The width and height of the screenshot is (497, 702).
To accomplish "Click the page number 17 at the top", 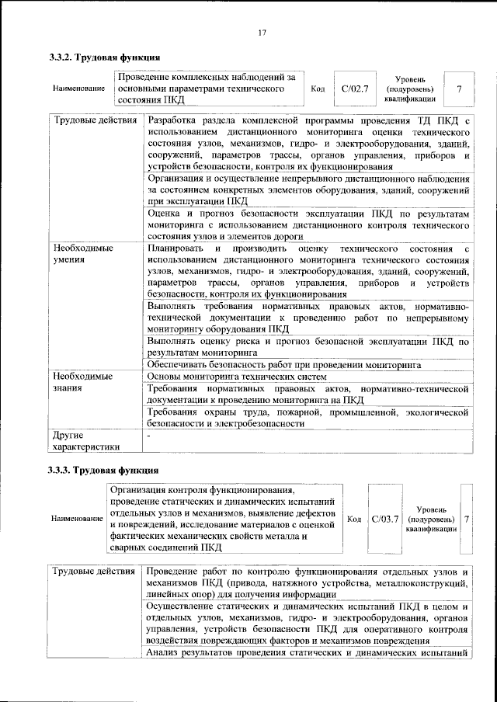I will tap(262, 32).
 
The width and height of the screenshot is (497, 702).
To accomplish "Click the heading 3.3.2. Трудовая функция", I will tap(104, 57).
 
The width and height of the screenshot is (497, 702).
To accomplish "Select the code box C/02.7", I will tap(353, 89).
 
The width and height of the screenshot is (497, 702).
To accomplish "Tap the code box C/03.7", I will tap(384, 518).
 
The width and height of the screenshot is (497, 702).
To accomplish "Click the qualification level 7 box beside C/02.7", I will tap(460, 89).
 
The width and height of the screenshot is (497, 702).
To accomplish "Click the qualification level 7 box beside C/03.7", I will tap(466, 518).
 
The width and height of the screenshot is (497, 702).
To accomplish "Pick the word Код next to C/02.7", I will tap(317, 89).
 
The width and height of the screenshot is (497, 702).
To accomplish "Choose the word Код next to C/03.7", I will tap(353, 518).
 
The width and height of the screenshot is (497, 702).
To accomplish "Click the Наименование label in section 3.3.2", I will tap(79, 89).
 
